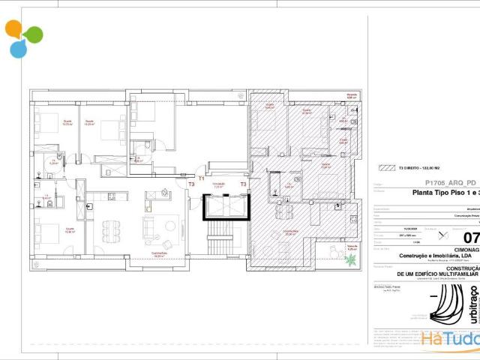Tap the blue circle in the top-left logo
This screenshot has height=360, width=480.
[17, 49]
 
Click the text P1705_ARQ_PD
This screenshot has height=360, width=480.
[450, 182]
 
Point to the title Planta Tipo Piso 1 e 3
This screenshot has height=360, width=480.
[447, 193]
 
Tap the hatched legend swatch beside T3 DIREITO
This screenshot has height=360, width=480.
[387, 168]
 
